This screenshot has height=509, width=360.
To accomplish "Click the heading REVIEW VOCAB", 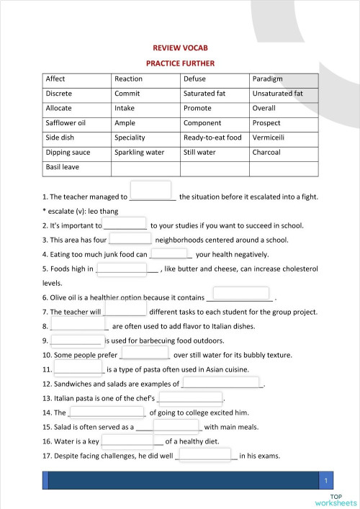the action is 180,48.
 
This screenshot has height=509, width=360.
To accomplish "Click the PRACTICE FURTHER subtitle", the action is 180,63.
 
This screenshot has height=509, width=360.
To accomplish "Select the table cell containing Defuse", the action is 214,78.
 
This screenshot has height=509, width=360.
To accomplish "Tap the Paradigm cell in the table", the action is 283,78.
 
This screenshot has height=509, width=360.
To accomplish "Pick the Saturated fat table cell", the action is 214,94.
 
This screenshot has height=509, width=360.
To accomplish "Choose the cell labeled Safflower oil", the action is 76,123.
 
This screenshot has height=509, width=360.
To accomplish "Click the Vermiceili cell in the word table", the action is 283,138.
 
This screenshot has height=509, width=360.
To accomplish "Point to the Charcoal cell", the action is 283,153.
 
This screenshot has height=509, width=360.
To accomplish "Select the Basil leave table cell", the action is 76,168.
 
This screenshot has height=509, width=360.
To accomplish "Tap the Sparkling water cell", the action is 145,153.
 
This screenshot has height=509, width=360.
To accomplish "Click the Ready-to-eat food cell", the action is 214,138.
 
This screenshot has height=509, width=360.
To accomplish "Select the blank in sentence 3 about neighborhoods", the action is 130,239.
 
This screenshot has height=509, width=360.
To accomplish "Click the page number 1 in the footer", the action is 326,480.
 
